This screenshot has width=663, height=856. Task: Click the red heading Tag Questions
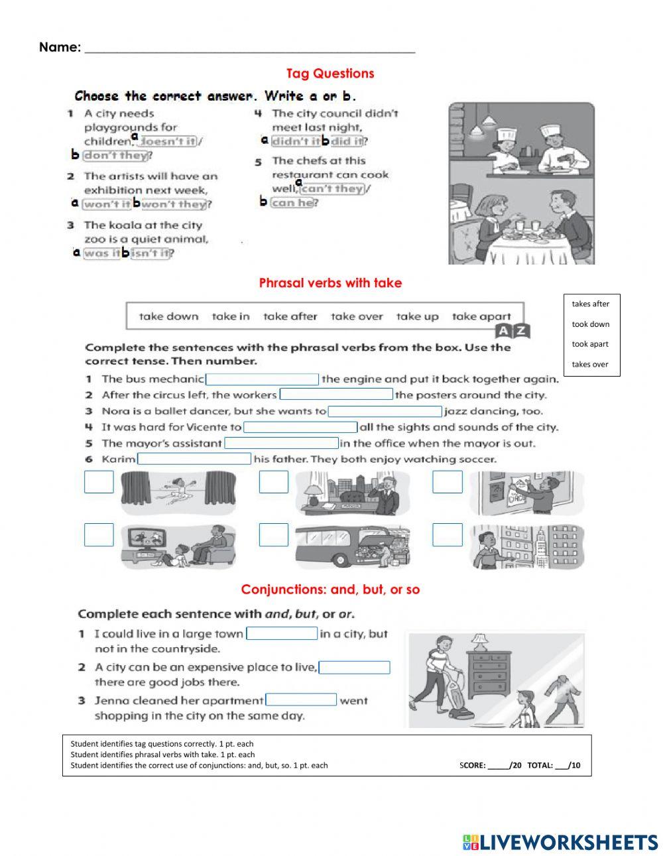point(330,74)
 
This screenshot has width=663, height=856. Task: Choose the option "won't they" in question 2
point(174,204)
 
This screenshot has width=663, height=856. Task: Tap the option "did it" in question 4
point(347,141)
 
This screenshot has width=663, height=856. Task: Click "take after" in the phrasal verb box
point(290,316)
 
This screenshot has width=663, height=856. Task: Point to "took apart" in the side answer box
point(590,344)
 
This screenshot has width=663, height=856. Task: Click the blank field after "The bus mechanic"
point(263,379)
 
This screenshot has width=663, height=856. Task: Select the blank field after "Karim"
point(194,459)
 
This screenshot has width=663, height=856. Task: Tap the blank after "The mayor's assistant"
point(282,443)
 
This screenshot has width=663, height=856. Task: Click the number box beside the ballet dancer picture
point(99,482)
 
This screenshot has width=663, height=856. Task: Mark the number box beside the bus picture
point(273,534)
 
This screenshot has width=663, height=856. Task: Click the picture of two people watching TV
point(178,546)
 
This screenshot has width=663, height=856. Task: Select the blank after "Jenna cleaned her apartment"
point(301,700)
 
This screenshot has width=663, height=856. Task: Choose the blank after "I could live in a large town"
point(282,633)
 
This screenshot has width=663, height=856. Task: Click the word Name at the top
point(60,47)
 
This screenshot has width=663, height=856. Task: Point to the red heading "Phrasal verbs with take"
point(330,283)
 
